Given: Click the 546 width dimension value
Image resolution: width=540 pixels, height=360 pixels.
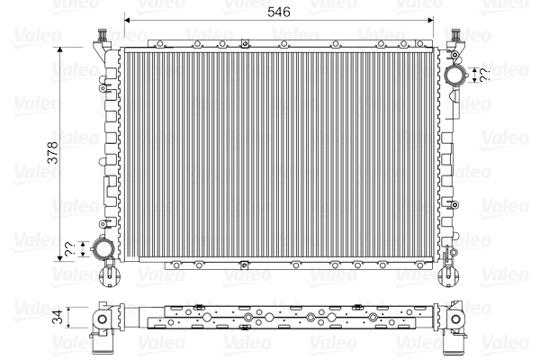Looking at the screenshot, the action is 279,12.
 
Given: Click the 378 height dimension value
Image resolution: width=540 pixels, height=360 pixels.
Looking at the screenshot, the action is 53,152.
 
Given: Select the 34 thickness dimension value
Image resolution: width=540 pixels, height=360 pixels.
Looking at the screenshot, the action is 58,317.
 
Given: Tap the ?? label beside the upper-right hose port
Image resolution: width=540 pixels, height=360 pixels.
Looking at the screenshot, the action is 484,75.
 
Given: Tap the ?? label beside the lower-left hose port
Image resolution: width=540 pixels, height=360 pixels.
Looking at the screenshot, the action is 69,249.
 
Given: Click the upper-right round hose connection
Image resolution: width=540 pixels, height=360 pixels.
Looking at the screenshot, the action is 456,75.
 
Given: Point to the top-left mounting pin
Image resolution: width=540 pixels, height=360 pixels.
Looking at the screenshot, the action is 102,35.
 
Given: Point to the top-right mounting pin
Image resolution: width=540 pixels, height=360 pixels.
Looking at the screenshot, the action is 455,35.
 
